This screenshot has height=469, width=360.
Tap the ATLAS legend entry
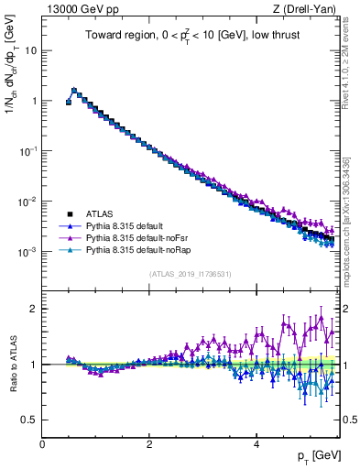[x=102, y=212]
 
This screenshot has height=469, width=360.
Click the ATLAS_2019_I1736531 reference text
[x=191, y=274]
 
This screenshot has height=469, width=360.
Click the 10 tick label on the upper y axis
[x=30, y=50]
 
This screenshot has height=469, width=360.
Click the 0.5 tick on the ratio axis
[x=28, y=420]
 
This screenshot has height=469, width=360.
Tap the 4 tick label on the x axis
[x=256, y=444]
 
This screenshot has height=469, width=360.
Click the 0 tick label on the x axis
[x=42, y=444]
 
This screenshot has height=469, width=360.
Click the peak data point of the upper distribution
[x=74, y=91]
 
